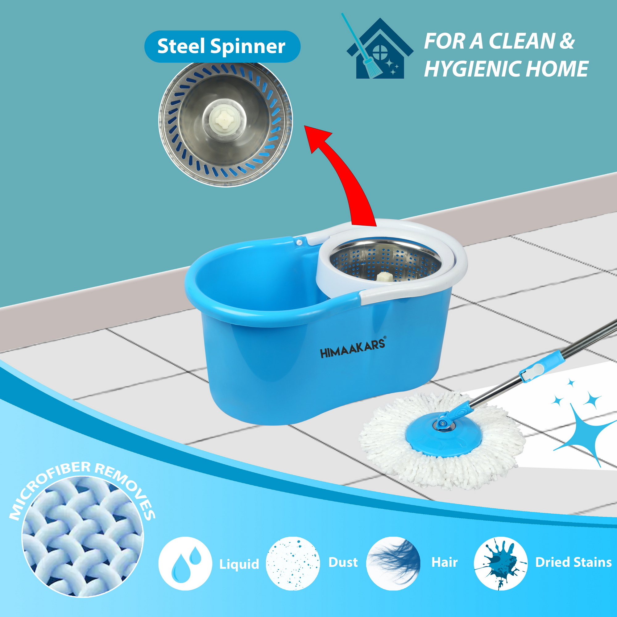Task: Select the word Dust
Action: pos(343,562)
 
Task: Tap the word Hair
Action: pos(444,562)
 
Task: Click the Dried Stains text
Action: pos(573,562)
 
